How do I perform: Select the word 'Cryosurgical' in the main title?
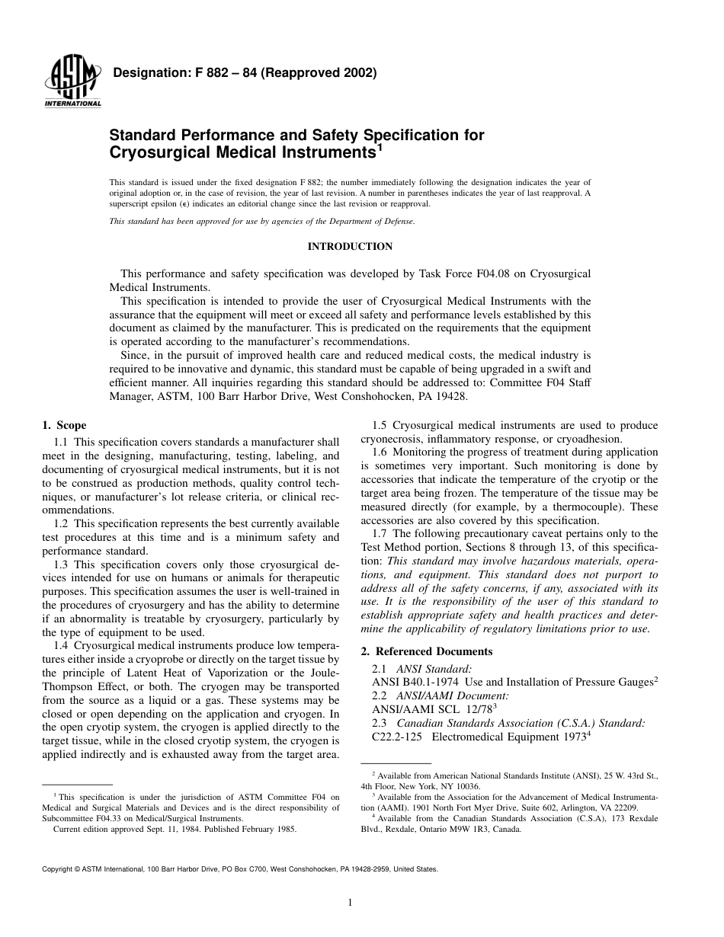pyautogui.click(x=155, y=152)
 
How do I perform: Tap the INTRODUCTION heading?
pyautogui.click(x=350, y=247)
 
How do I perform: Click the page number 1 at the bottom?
pyautogui.click(x=350, y=903)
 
